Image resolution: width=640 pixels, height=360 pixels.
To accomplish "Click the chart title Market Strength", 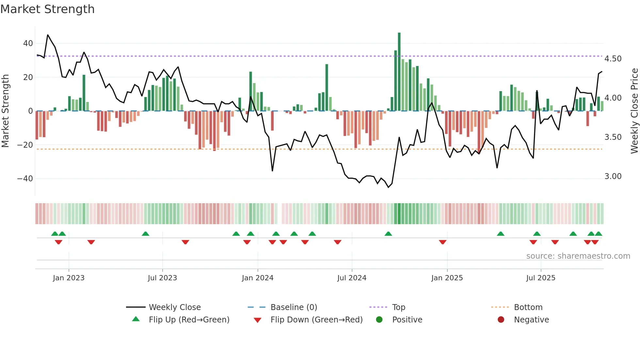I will click(47, 9).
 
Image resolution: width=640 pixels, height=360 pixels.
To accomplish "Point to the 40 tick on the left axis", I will click(28, 43).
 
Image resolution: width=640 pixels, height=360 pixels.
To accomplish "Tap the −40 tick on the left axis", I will click(25, 179).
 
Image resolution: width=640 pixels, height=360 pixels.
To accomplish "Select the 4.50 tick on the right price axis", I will click(613, 59).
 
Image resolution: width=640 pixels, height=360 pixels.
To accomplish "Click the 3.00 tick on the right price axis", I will click(613, 176).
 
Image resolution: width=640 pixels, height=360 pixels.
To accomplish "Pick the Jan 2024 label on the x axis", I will click(257, 278).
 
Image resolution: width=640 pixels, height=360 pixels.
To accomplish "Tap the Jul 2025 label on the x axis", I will click(540, 278).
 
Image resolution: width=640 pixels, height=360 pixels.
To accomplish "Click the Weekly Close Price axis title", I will click(634, 111).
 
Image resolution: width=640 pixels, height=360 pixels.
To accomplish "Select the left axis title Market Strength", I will click(5, 111).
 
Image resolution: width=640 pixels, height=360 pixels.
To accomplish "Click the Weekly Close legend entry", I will click(174, 307).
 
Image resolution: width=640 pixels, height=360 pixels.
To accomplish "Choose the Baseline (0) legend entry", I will click(294, 307).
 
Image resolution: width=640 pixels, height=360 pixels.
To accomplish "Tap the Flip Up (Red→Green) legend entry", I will click(189, 320).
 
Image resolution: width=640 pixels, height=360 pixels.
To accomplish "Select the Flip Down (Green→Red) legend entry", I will click(316, 320).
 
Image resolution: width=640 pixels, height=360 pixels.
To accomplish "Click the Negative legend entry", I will click(531, 320).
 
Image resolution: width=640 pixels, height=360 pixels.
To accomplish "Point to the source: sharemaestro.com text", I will click(578, 256).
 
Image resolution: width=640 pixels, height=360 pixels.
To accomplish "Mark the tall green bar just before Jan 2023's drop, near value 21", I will click(84, 93).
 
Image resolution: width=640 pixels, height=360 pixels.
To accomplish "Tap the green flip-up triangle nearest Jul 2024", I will click(388, 234).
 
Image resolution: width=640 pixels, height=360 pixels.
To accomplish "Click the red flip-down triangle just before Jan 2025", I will click(442, 242).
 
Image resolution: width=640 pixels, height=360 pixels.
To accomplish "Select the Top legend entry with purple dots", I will click(398, 307).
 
